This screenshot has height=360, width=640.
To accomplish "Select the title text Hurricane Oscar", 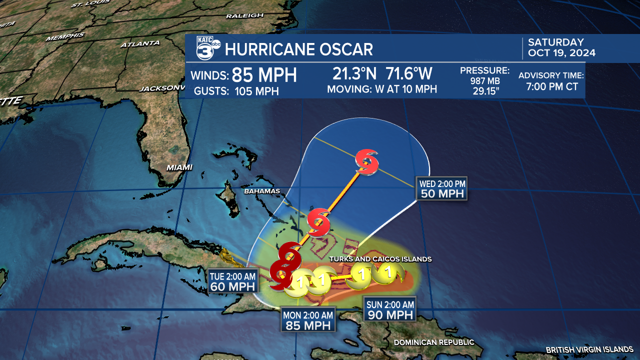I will tap(299, 49).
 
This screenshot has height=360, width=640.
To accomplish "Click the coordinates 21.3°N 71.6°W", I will tap(382, 74).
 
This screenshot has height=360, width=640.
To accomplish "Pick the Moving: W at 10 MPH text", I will tap(382, 89).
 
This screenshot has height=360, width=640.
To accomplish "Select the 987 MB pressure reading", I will tap(484, 81).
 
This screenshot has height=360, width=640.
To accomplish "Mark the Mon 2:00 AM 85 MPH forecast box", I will tap(308, 320).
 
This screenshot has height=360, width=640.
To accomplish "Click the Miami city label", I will tap(179, 167).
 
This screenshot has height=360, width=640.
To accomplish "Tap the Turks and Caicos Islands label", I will tap(380, 259).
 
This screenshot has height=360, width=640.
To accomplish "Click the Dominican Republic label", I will tap(433, 342).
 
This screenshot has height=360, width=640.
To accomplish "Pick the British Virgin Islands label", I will tap(589, 349).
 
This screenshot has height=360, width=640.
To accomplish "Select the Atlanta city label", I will tap(140, 44).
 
